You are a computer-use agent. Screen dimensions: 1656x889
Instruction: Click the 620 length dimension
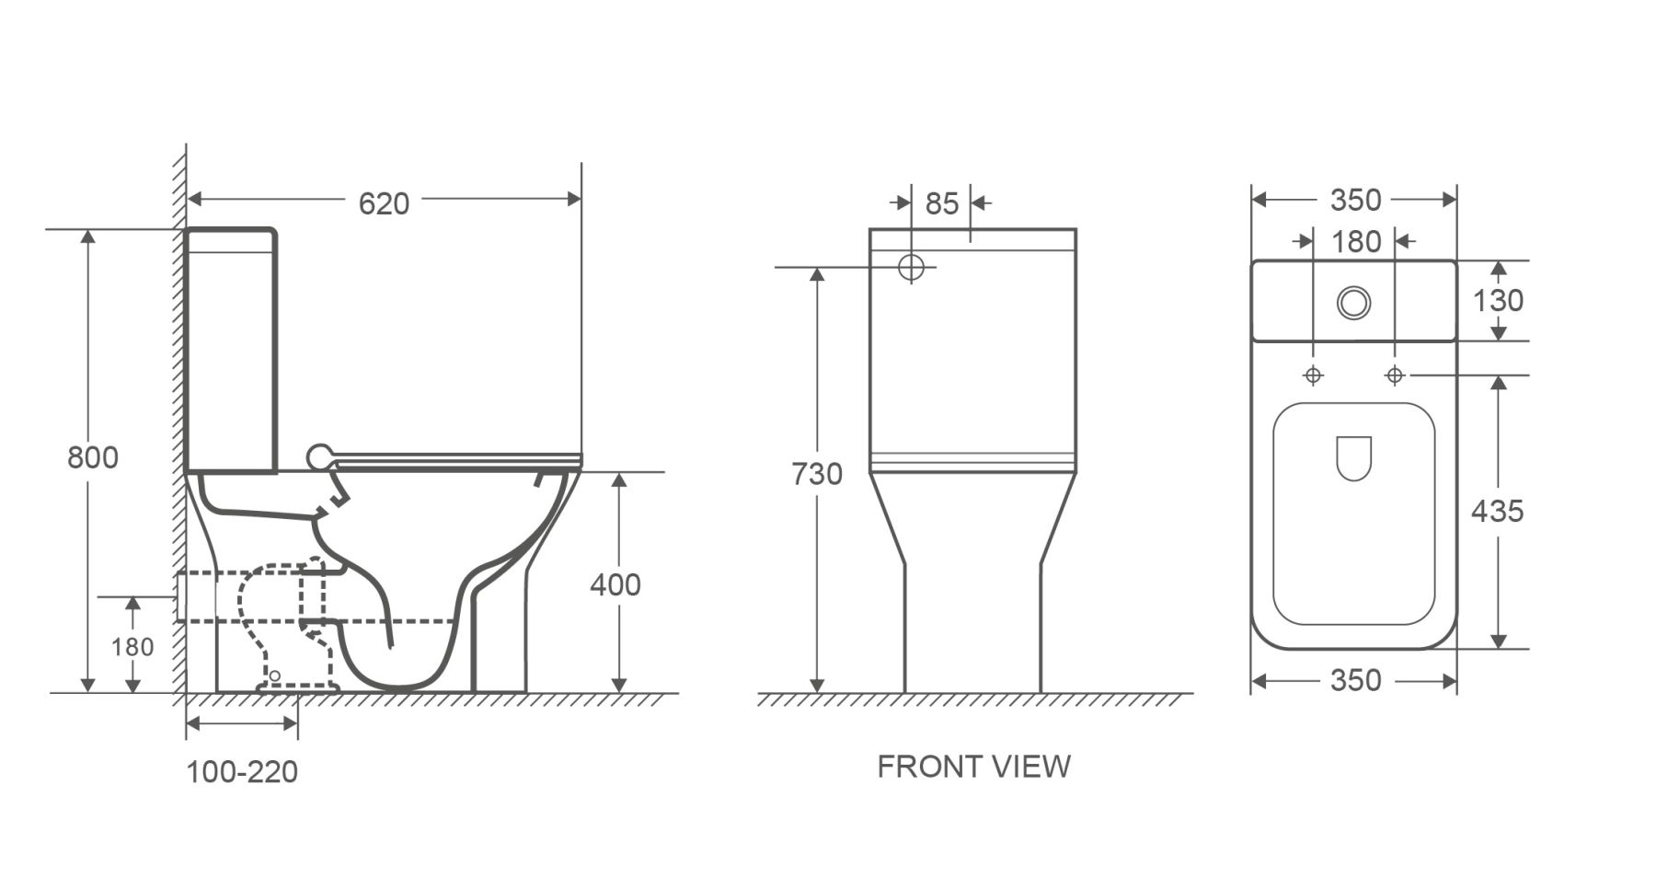pyautogui.click(x=384, y=202)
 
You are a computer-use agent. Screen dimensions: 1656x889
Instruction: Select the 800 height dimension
pyautogui.click(x=93, y=457)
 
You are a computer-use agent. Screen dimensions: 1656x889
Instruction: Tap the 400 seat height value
pyautogui.click(x=615, y=584)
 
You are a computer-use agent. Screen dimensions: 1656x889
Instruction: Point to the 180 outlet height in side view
pyautogui.click(x=132, y=647)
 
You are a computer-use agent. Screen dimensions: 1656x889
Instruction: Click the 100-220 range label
pyautogui.click(x=242, y=771)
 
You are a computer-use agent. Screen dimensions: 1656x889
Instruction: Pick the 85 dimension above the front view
pyautogui.click(x=942, y=203)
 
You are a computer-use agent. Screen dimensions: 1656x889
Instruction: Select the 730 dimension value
pyautogui.click(x=817, y=474)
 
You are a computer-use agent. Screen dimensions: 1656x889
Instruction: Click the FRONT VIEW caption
pyautogui.click(x=973, y=766)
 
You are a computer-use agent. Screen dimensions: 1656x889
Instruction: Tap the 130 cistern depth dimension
pyautogui.click(x=1498, y=300)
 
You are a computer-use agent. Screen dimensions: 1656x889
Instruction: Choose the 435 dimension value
pyautogui.click(x=1497, y=511)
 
